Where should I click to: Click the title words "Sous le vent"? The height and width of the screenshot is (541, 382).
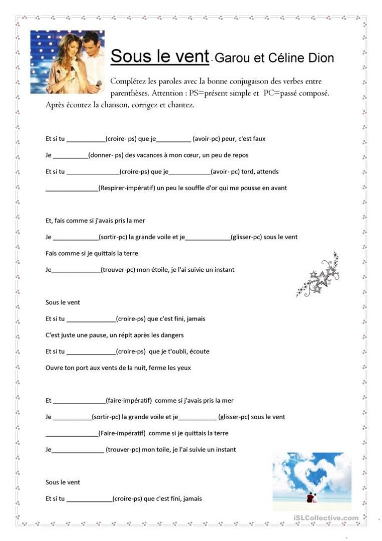pos(159,56)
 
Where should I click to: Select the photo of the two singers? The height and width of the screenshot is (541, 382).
pos(67,62)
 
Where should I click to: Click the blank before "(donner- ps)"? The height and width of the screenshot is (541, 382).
pos(70,156)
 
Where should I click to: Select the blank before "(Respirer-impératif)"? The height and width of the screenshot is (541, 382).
pos(71,189)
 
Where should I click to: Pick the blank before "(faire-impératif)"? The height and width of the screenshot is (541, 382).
pos(79,401)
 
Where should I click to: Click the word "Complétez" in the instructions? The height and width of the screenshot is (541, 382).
pos(131,82)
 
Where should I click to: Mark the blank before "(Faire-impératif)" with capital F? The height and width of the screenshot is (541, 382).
pos(71,433)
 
